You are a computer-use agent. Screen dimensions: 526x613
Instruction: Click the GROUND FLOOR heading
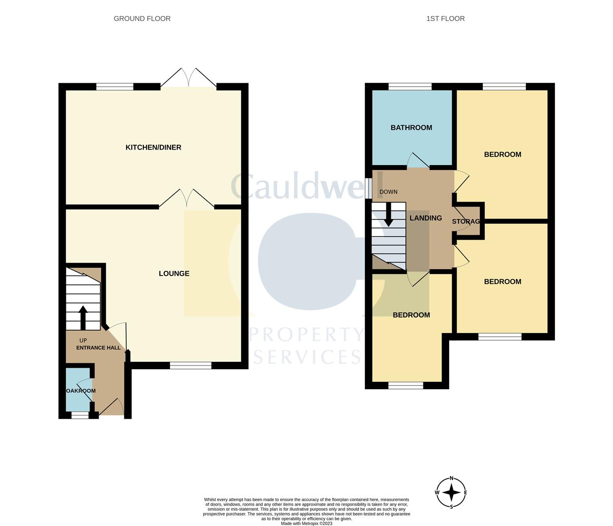click(142, 19)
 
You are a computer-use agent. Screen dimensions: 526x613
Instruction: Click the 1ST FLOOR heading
click(445, 19)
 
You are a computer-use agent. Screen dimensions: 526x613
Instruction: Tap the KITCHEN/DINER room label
click(153, 148)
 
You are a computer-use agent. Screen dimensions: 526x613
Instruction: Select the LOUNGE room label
click(174, 274)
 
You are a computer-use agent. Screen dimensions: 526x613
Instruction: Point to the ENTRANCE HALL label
click(98, 348)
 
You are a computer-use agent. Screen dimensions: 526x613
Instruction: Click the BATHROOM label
click(411, 128)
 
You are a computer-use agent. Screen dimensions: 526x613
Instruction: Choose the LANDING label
click(425, 218)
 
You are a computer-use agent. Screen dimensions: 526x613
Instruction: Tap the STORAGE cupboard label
click(466, 222)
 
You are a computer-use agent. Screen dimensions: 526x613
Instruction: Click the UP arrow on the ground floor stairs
click(83, 317)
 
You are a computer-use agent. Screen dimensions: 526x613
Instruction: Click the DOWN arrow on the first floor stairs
click(389, 214)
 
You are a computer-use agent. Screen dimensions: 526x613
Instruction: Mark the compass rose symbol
click(451, 493)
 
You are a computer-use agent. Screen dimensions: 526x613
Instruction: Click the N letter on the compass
click(451, 478)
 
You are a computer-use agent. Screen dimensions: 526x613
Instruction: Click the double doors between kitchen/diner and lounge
click(187, 199)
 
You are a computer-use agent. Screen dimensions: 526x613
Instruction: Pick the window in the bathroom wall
click(410, 87)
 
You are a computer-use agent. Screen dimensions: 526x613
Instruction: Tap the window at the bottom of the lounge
click(191, 365)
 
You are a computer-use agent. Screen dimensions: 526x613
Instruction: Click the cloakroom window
click(80, 415)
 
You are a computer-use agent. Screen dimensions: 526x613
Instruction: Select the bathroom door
click(418, 161)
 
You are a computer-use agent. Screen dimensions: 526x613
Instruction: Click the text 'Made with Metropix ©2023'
click(306, 524)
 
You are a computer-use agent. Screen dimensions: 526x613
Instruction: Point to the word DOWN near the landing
click(388, 192)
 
